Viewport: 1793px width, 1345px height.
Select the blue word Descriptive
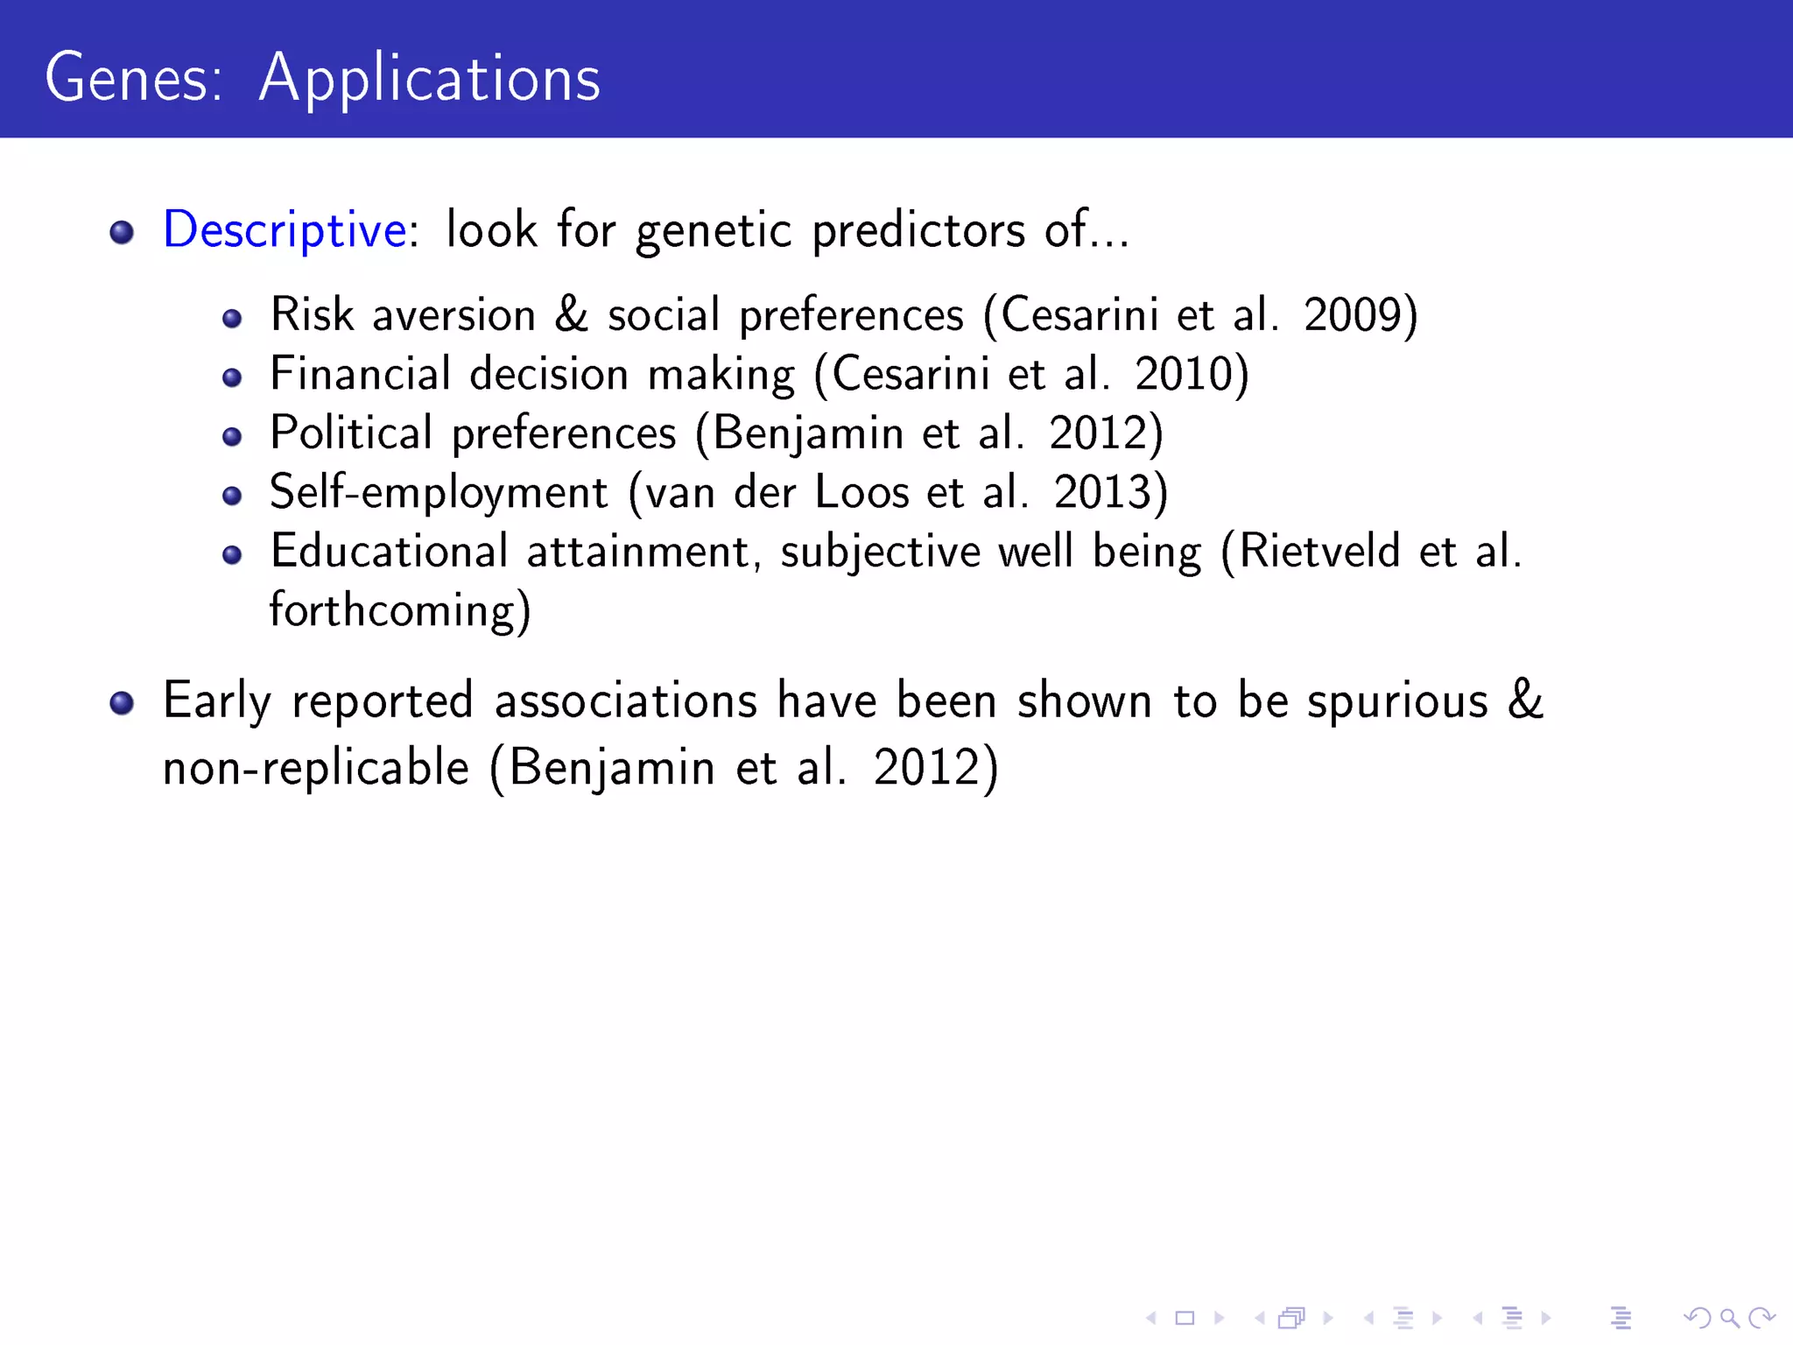tap(285, 231)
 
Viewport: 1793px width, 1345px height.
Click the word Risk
tap(312, 315)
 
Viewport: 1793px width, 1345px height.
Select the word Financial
tap(360, 375)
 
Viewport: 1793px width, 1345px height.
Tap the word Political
tap(351, 433)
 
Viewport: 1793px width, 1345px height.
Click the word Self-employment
tap(438, 493)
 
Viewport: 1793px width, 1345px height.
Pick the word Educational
tap(389, 552)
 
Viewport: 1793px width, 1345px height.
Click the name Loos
tap(861, 492)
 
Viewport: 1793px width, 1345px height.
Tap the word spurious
tap(1397, 702)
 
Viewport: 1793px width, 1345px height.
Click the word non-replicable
tap(316, 769)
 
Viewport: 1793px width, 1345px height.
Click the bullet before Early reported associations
tap(122, 703)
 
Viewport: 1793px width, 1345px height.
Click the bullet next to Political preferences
tap(232, 436)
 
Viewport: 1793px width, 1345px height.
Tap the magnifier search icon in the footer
tap(1729, 1318)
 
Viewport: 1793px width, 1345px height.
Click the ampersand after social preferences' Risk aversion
tap(571, 315)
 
